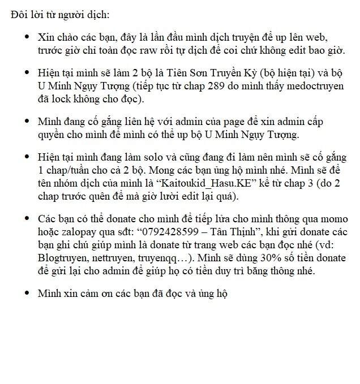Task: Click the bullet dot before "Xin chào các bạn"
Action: (27, 37)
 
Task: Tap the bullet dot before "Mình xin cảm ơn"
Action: (27, 293)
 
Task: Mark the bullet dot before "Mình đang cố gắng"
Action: (27, 122)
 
